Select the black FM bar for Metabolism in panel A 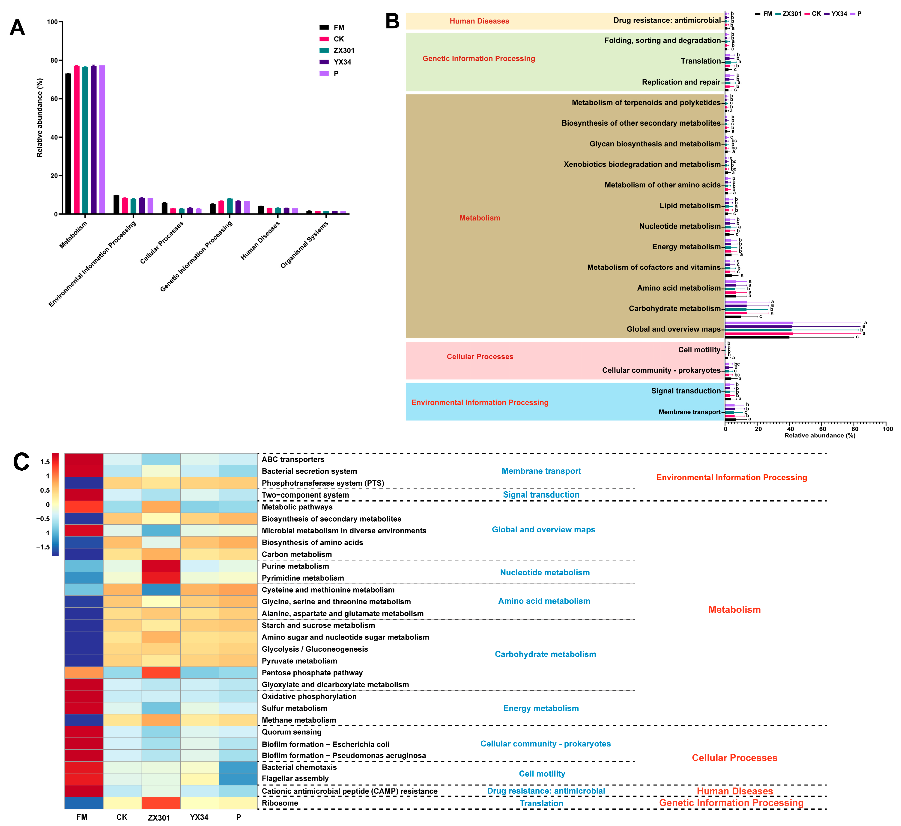68,144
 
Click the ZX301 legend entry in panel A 343,50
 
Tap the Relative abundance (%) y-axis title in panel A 40,118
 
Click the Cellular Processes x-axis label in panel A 162,242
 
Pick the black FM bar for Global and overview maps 757,337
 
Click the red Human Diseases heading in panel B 479,21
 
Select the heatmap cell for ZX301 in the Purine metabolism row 161,566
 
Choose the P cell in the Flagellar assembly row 239,779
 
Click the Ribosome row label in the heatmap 280,803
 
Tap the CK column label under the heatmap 122,817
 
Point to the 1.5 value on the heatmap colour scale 45,462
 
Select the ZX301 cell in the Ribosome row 161,803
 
